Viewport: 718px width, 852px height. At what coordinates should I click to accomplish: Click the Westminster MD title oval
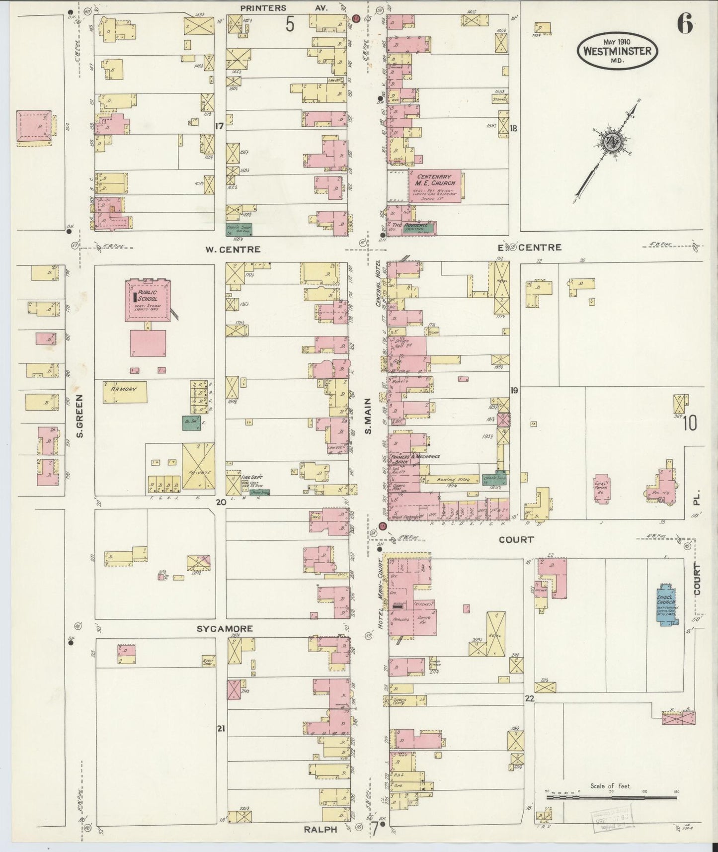pos(618,50)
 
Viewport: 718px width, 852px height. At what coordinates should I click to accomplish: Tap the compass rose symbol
pos(609,142)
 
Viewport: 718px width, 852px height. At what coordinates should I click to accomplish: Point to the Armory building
pos(125,392)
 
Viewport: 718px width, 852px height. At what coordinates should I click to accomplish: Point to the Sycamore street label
pos(225,629)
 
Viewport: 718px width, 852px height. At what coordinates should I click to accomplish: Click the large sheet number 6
pos(685,25)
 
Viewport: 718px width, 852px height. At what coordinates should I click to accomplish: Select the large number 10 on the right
pos(690,423)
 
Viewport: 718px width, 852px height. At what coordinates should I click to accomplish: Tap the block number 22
pos(530,698)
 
